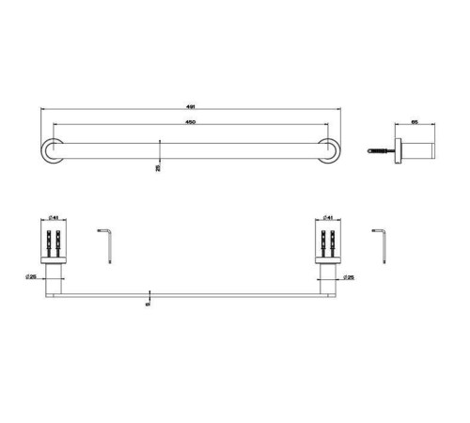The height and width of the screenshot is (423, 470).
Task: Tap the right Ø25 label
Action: tap(349, 277)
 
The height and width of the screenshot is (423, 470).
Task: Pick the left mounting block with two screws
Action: tap(53, 241)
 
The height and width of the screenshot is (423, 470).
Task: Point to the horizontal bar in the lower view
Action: tap(188, 296)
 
